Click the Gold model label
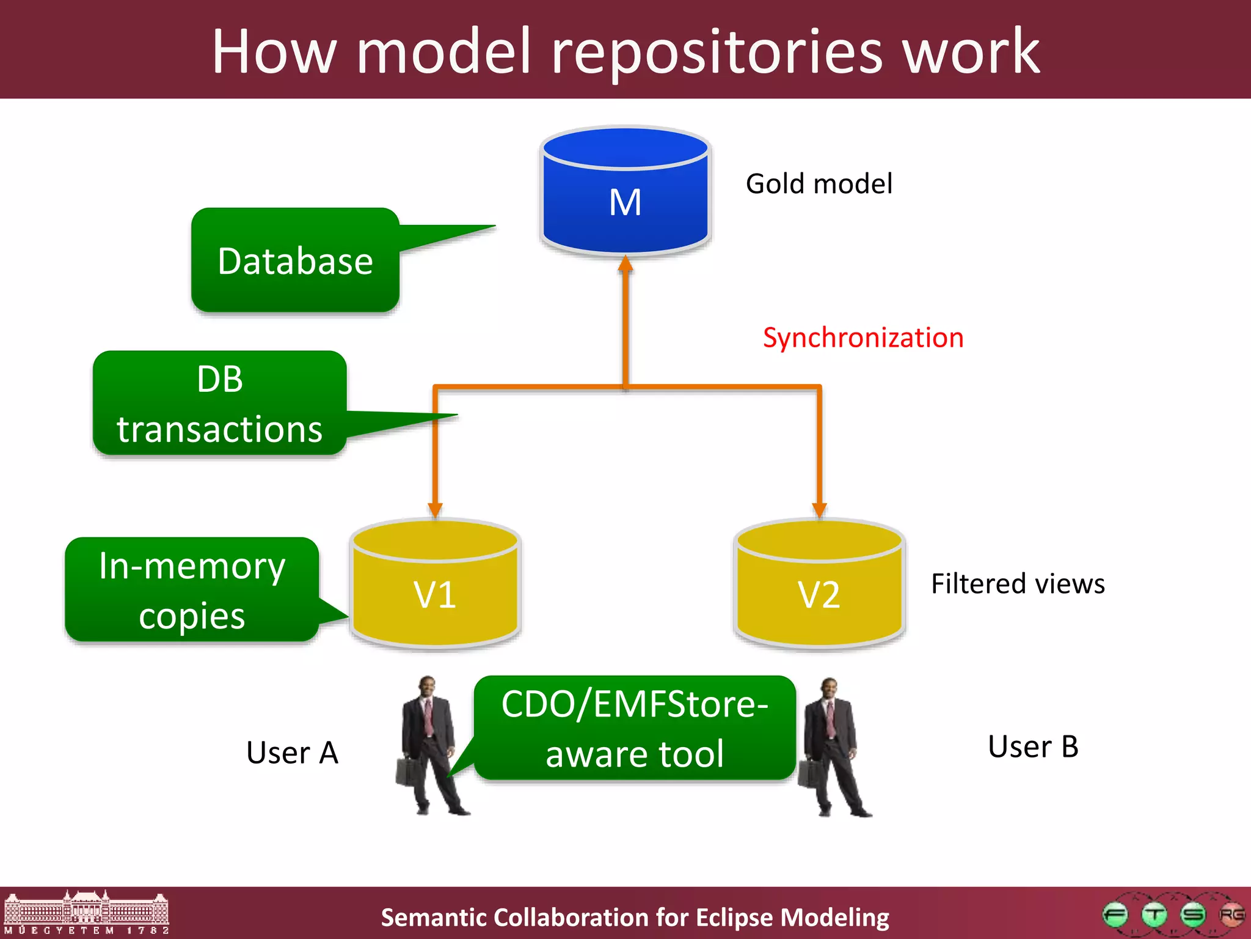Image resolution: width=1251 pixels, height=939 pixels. point(819,183)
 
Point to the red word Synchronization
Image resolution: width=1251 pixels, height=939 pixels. point(863,338)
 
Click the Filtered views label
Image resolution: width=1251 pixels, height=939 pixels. point(1018,584)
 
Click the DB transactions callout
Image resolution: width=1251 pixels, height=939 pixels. point(220,403)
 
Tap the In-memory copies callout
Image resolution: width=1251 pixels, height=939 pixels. point(192,590)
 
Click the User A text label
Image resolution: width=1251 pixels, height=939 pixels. point(292,753)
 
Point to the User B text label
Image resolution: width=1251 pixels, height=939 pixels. point(1033,746)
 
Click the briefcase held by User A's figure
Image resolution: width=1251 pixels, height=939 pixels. point(407,771)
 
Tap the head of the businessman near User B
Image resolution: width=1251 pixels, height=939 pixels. point(829,689)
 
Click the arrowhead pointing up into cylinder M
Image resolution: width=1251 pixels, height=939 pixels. point(625,264)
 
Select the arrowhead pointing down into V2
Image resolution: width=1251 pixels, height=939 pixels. point(819,510)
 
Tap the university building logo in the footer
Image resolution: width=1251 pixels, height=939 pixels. point(86,912)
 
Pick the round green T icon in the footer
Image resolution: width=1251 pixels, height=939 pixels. point(1154,915)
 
